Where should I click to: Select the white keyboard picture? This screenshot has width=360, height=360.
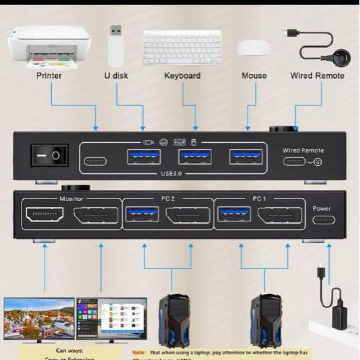point(182,47)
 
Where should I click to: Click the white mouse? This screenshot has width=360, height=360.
point(254,48)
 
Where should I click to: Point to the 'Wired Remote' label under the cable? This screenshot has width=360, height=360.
point(317,76)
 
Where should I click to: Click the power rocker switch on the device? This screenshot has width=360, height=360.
point(50,155)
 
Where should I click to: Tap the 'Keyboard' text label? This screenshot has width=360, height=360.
point(182,76)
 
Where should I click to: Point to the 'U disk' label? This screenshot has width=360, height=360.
point(116,76)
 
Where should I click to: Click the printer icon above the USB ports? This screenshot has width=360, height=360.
point(164,142)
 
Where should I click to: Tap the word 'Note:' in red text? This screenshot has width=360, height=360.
point(139,353)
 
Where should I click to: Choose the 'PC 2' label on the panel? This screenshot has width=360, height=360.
point(168,199)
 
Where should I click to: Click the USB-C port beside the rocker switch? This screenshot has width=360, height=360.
point(96,162)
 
